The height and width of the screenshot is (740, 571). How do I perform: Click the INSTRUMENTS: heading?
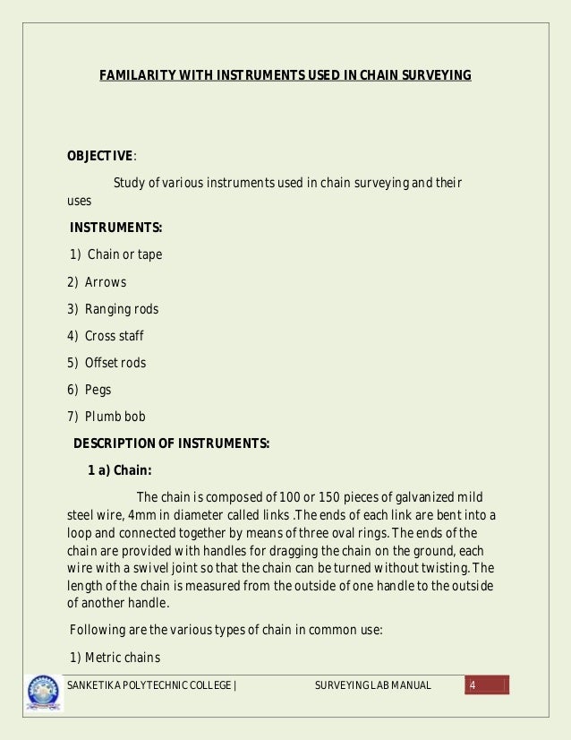(x=115, y=228)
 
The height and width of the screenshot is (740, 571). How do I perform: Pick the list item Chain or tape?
(x=124, y=254)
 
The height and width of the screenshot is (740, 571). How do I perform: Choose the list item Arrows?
(x=106, y=282)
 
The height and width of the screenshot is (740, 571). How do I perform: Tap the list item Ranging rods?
(x=122, y=309)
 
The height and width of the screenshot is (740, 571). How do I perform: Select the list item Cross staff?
(x=115, y=336)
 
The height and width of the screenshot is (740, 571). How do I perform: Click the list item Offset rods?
(x=115, y=363)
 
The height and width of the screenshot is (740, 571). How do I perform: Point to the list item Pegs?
(x=99, y=390)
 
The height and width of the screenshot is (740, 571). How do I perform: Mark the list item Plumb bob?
(x=115, y=417)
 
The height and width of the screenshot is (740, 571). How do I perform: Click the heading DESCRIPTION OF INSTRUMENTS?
(x=171, y=443)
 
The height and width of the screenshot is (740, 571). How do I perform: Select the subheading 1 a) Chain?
(x=120, y=470)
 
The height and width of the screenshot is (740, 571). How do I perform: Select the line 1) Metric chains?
(x=115, y=658)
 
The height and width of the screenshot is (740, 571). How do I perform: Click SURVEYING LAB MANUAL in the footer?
(x=373, y=686)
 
